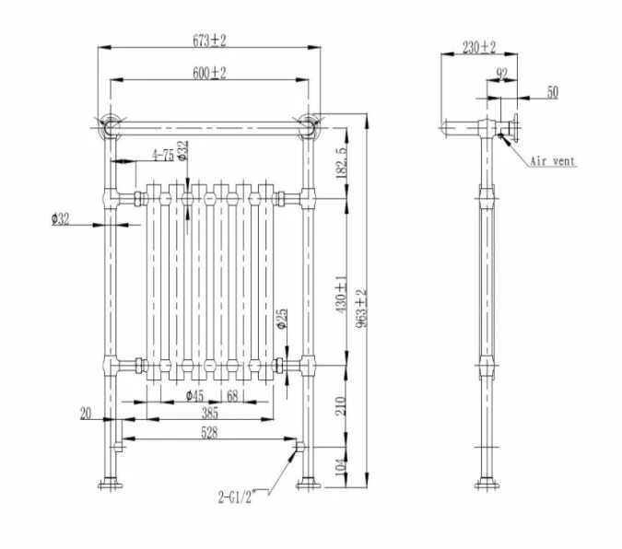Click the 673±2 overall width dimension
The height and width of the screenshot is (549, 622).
210,40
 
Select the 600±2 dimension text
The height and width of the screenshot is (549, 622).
209,73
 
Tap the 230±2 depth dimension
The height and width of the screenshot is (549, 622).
479,48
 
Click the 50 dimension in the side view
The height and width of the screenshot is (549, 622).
552,91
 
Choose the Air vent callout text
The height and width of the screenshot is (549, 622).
553,161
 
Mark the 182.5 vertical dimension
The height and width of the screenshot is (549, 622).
341,158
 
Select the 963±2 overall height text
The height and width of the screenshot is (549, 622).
363,305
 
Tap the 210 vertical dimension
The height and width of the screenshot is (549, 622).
340,406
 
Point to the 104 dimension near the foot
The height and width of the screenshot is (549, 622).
340,465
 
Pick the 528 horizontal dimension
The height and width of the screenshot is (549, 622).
209,433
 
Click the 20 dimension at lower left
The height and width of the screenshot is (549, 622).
86,414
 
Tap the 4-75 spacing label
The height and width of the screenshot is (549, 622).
163,155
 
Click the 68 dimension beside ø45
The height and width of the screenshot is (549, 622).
233,396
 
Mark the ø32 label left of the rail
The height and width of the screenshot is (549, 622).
61,219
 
